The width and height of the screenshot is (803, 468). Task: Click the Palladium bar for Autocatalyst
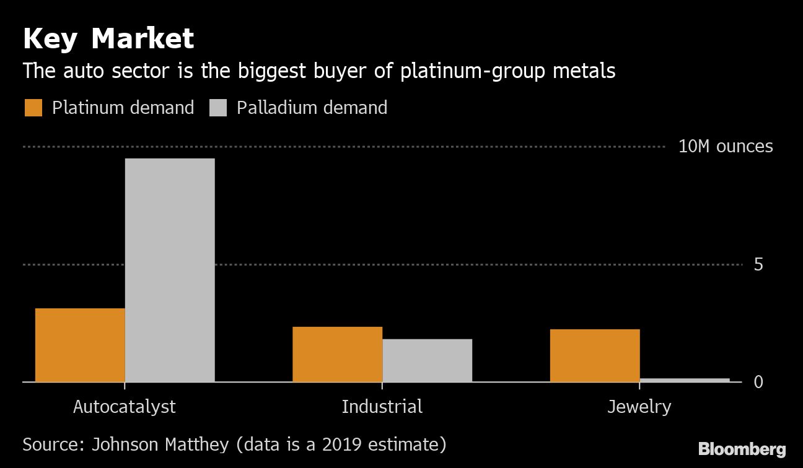click(170, 270)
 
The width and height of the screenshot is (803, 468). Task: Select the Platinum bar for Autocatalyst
click(80, 345)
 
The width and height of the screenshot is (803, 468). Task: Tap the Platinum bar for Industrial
click(337, 354)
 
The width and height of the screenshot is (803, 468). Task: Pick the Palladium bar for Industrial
click(427, 360)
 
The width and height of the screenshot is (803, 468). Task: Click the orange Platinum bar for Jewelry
click(595, 355)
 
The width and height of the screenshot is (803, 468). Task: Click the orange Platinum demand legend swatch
click(33, 108)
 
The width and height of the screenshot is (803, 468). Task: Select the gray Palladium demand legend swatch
click(218, 108)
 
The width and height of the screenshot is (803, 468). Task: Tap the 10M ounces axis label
click(726, 147)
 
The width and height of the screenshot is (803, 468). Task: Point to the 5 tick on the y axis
click(758, 265)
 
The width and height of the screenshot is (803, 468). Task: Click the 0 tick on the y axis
click(758, 382)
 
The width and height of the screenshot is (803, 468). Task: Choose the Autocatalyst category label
click(125, 407)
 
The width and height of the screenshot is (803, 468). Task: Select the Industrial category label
click(382, 407)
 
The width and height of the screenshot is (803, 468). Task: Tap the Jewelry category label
click(639, 407)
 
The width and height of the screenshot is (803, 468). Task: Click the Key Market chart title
click(108, 38)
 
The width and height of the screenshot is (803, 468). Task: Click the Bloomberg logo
click(742, 449)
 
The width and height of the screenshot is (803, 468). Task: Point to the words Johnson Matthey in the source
click(160, 444)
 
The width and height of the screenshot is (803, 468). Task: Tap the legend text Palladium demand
click(312, 108)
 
